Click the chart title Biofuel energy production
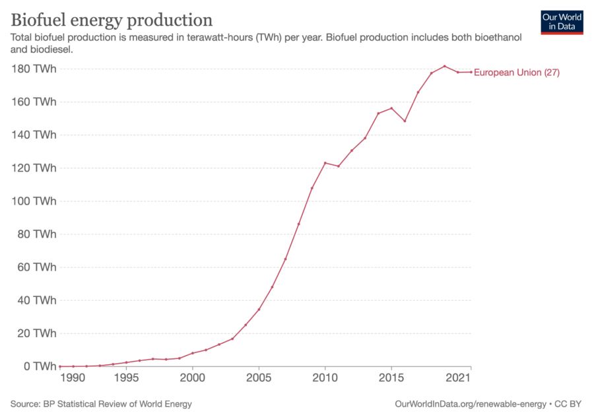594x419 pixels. coord(112,18)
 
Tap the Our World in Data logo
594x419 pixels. coord(562,22)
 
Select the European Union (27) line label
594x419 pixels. coord(517,73)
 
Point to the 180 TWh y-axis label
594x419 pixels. coord(34,69)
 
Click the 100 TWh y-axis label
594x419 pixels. coord(34,201)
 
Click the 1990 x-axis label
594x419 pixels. coord(73,378)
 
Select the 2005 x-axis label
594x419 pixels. coord(259,378)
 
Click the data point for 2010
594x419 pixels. coord(325,163)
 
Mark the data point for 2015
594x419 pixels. coord(391,108)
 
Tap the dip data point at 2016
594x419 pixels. coord(405,121)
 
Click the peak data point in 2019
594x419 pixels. coord(444,66)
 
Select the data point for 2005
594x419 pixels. coord(259,309)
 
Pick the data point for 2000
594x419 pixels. coord(192,353)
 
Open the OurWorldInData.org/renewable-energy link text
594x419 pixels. coord(470,404)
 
